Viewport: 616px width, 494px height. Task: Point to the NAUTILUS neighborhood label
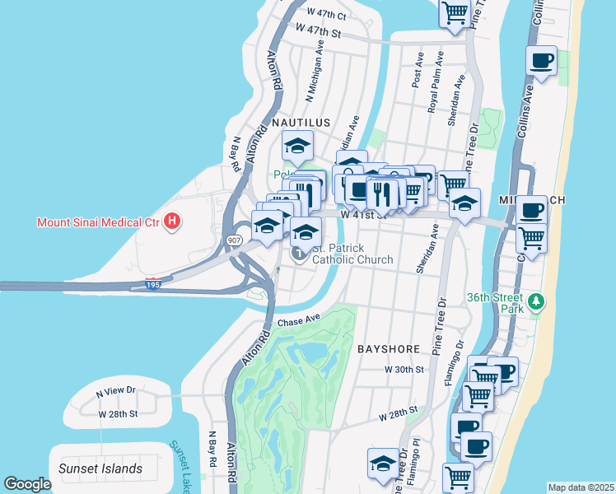[x=301, y=122]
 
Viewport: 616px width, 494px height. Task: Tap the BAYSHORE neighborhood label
[x=390, y=349]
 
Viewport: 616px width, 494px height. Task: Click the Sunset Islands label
[x=100, y=468]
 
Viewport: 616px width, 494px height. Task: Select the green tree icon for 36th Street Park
[x=537, y=301]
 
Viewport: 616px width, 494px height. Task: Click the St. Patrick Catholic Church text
[x=352, y=254]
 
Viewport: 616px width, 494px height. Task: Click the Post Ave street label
[x=418, y=71]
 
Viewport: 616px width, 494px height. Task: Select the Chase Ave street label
[x=298, y=321]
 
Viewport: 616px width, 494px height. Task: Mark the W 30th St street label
[x=404, y=370]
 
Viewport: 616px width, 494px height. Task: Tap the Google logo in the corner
[x=27, y=484]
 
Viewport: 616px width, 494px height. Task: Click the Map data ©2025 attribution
[x=581, y=487]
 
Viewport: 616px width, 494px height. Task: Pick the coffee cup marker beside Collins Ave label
[x=541, y=61]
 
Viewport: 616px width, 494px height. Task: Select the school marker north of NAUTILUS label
[x=297, y=147]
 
